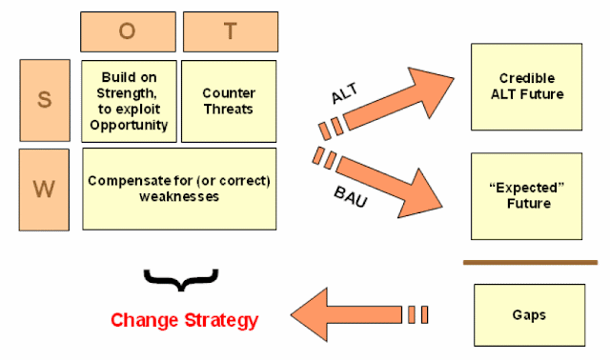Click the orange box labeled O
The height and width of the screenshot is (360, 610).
[128, 31]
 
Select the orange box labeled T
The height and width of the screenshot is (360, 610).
[231, 31]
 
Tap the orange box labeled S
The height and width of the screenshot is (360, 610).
[45, 100]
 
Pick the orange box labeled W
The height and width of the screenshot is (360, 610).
[44, 190]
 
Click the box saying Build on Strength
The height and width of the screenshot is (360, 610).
[129, 101]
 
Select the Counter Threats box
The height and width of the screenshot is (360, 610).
[229, 101]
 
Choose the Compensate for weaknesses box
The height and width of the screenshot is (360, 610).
[179, 189]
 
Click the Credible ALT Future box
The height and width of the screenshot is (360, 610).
[526, 87]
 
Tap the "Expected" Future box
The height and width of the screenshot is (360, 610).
[526, 196]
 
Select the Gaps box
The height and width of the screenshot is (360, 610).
[529, 315]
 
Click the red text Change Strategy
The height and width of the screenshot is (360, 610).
[184, 321]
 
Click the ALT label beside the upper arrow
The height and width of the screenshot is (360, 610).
[345, 93]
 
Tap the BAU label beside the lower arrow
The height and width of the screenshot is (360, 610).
[351, 197]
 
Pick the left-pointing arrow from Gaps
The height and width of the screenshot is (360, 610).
[358, 314]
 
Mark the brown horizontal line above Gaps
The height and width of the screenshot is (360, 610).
[530, 263]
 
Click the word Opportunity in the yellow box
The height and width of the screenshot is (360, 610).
[129, 126]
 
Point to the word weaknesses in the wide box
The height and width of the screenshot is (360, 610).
[179, 196]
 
